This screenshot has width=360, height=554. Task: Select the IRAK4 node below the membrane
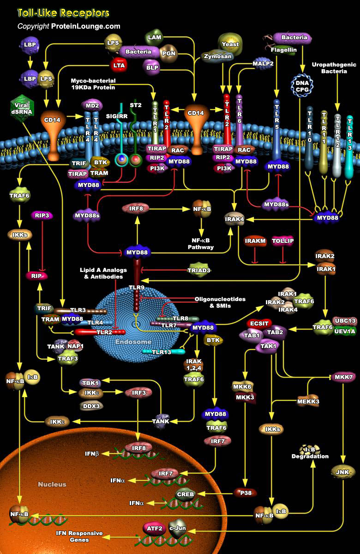pos(234,219)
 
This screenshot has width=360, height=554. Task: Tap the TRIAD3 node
pos(199,270)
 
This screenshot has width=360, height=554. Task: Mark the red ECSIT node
pos(260,322)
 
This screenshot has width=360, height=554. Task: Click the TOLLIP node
pos(283,241)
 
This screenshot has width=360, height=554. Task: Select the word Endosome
pos(133,342)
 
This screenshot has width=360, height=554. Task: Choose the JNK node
pos(342,471)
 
